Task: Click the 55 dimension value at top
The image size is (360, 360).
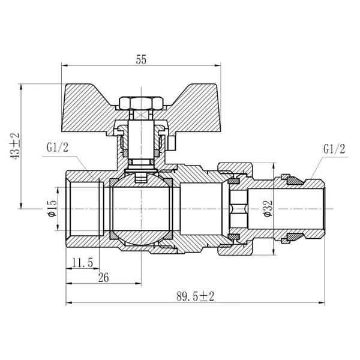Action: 141,59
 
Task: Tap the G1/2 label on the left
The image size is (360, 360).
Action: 58,147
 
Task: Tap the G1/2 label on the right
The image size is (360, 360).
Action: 334,149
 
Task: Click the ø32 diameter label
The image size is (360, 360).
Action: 268,208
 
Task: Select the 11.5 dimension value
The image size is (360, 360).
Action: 82,263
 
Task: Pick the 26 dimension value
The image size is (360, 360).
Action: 103,278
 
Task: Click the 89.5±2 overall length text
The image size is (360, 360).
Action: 196,296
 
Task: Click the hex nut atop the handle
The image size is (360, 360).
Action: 141,103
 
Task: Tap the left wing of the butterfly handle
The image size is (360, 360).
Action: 88,108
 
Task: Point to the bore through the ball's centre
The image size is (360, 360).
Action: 141,208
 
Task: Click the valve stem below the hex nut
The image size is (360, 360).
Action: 141,139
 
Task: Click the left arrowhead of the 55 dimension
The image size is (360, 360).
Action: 65,65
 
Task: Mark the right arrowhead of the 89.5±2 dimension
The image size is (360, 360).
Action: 322,303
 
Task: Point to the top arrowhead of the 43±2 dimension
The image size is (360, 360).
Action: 21,87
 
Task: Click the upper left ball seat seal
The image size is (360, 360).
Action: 113,182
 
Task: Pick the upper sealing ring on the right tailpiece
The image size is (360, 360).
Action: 295,181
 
